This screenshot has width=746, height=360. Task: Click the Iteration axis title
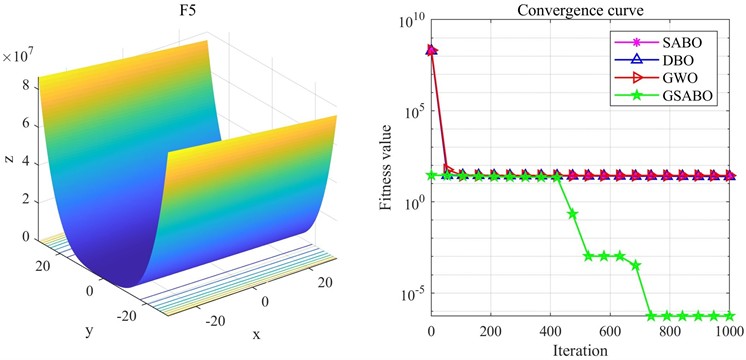[x=579, y=350]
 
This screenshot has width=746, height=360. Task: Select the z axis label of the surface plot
[x=8, y=160]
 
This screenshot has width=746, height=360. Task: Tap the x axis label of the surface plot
[x=256, y=333]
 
